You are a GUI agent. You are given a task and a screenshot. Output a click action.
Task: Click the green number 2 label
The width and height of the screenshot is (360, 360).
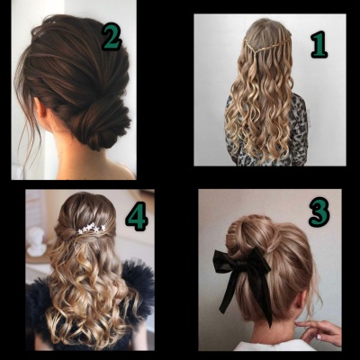[112, 37]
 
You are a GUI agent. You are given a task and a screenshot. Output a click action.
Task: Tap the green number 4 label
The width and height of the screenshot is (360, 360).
[137, 216]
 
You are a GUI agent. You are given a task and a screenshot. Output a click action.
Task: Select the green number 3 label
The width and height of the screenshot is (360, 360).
[319, 211]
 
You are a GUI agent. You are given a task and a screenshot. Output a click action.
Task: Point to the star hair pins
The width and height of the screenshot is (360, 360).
[92, 229]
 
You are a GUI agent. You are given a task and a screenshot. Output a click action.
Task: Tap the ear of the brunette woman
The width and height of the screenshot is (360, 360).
[41, 107]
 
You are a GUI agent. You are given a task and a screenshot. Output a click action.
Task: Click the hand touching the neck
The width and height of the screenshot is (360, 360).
[319, 330]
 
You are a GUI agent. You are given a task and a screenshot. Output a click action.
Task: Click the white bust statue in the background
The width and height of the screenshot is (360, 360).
[37, 241]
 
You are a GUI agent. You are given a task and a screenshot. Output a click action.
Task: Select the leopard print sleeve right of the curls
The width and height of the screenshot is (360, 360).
[299, 129]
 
